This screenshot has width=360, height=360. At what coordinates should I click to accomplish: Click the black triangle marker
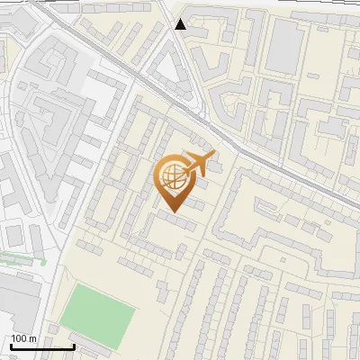pyautogui.click(x=181, y=24)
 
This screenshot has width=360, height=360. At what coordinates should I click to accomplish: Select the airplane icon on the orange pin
pyautogui.click(x=199, y=164)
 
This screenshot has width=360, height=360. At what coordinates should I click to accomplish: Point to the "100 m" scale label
pyautogui.click(x=23, y=338)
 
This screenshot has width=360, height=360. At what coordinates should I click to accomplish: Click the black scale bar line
pyautogui.click(x=42, y=346)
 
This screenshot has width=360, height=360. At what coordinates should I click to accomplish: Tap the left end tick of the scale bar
pyautogui.click(x=11, y=345)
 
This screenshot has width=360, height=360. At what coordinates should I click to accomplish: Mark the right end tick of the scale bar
pyautogui.click(x=74, y=345)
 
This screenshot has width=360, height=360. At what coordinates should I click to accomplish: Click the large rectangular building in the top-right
pyautogui.click(x=287, y=45)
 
